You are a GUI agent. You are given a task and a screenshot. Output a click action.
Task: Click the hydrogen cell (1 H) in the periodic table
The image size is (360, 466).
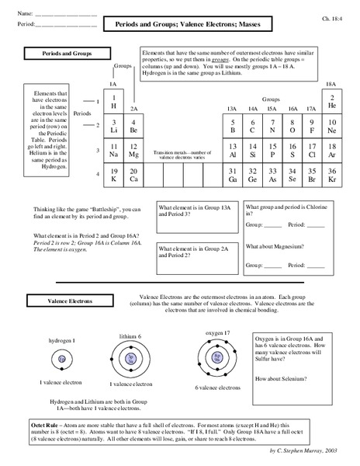point(114,102)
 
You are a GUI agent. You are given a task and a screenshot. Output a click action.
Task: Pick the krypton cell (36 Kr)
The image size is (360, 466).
point(331,176)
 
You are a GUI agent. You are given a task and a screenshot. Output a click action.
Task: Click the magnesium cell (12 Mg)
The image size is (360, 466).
point(133,151)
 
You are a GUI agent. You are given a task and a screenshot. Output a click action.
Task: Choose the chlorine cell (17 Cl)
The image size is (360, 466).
point(311,151)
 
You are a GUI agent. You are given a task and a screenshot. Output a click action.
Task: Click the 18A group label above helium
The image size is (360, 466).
point(331,83)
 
